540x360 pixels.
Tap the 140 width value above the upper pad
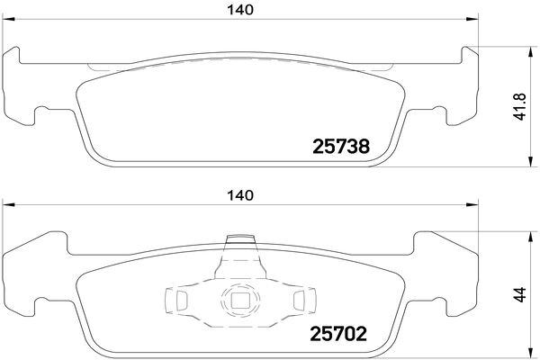238,10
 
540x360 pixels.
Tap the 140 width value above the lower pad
238,195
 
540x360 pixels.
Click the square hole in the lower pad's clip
239,301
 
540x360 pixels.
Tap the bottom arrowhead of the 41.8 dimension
526,163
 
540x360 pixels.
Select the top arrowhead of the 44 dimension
526,236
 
